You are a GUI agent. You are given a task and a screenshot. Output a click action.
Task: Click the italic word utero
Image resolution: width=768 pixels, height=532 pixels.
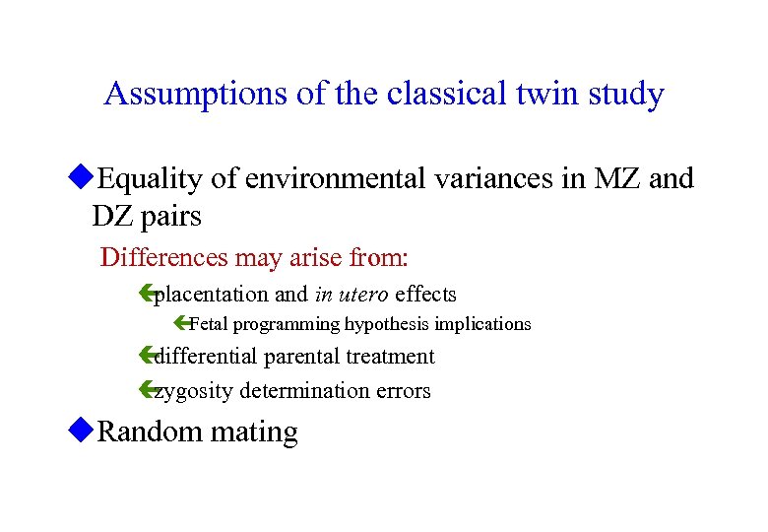click(x=364, y=294)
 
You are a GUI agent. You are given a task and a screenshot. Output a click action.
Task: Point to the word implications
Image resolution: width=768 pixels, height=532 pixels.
click(x=482, y=324)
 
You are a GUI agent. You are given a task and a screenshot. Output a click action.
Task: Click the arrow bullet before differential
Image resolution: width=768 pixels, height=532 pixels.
click(x=149, y=357)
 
